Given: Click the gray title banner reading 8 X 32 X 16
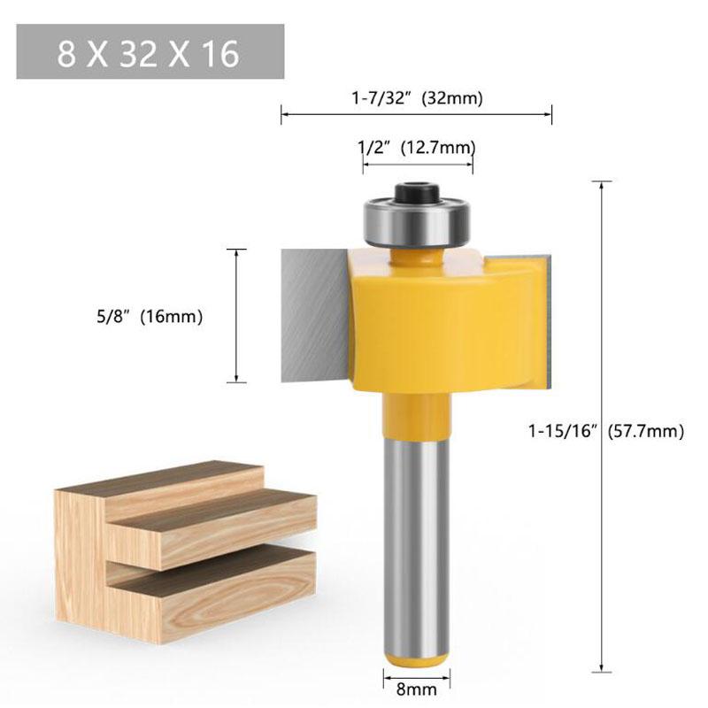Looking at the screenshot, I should tap(150, 52).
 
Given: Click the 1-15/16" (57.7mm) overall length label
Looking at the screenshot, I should tap(606, 431).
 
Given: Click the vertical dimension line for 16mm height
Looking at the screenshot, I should tap(236, 316).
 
